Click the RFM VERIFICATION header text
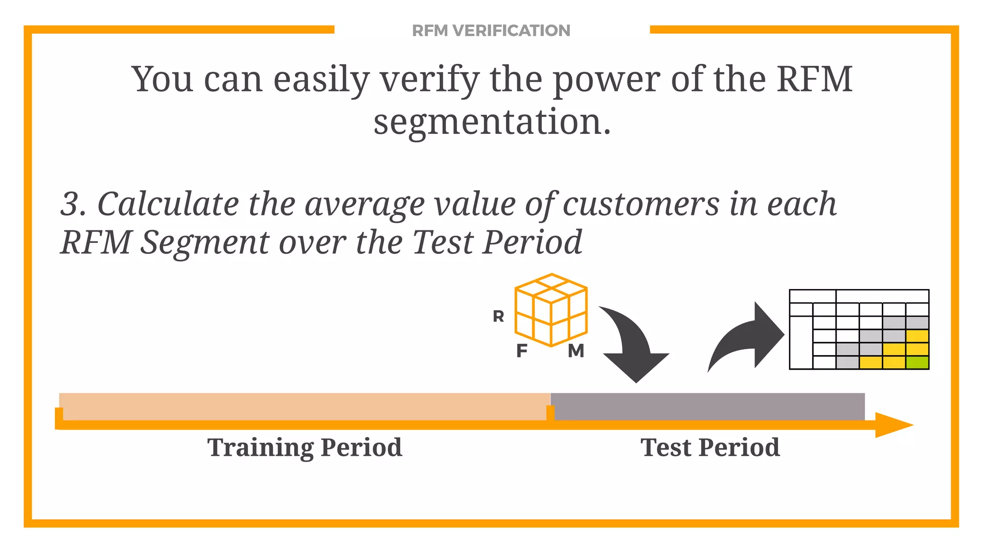tap(491, 31)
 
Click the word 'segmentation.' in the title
tap(492, 122)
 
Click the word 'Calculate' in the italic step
tap(168, 204)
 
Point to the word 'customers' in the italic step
tap(641, 204)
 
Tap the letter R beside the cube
tap(498, 316)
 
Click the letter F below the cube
tap(522, 351)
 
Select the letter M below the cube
tap(576, 351)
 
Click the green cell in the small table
tap(917, 362)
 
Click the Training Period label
tap(305, 447)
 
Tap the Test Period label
tap(710, 447)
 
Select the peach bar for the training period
tap(305, 406)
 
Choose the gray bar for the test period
tap(708, 406)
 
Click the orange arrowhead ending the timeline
tap(893, 425)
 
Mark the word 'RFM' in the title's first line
tap(815, 80)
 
